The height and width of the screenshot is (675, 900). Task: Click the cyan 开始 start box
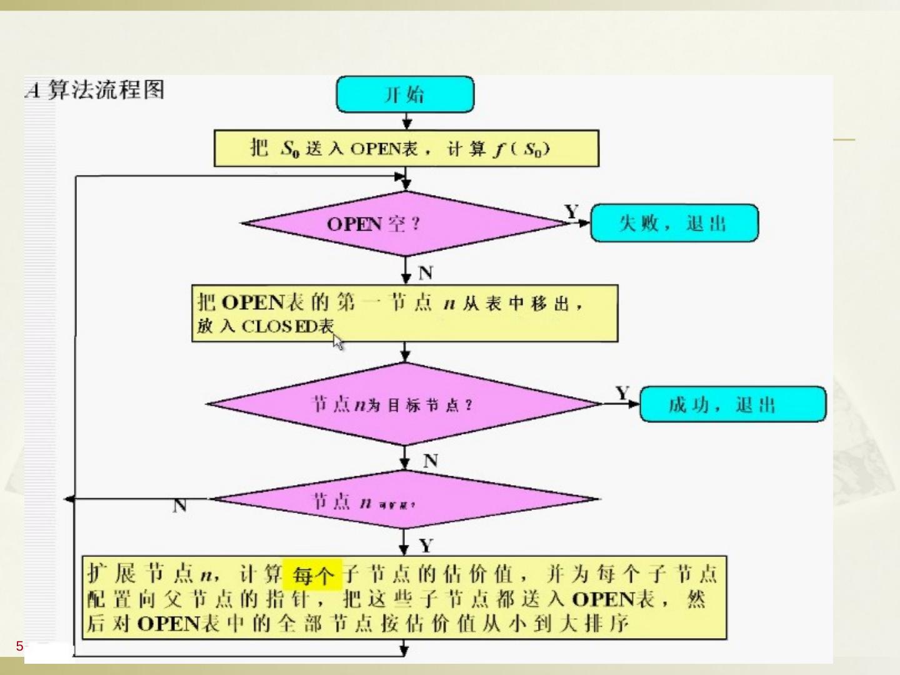click(405, 94)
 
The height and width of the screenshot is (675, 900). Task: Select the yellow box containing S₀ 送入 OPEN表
click(406, 149)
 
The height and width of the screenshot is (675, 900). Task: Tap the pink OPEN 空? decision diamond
click(405, 223)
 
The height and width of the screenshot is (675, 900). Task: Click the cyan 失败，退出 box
click(674, 222)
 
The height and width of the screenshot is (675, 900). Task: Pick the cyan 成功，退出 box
click(732, 404)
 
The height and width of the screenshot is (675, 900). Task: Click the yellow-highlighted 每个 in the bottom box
click(312, 574)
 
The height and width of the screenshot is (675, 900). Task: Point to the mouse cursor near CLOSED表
click(338, 342)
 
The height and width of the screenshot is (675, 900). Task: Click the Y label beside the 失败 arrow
click(571, 212)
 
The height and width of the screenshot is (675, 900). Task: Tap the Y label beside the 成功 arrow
click(622, 393)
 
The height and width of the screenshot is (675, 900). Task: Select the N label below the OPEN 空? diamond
click(426, 273)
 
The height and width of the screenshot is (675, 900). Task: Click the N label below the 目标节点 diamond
click(430, 461)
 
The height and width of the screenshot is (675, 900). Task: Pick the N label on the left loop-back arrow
click(179, 506)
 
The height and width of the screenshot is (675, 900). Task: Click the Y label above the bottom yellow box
click(426, 546)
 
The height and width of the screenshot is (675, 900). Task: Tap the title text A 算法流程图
click(95, 90)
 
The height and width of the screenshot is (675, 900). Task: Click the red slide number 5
click(19, 646)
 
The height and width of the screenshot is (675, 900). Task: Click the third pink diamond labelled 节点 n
click(405, 500)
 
